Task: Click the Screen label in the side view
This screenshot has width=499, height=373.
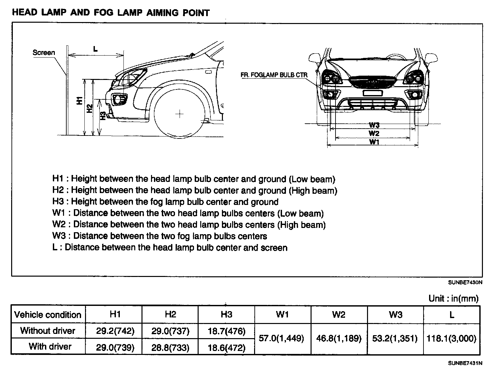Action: coord(44,53)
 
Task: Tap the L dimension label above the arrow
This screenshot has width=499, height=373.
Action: coord(95,49)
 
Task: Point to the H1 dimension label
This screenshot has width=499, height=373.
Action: coord(79,101)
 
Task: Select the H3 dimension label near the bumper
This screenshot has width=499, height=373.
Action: coord(103,116)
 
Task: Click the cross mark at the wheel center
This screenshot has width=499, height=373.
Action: coord(179,114)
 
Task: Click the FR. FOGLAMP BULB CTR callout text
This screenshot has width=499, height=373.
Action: coord(274,75)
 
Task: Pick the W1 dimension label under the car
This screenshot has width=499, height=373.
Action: coord(374,142)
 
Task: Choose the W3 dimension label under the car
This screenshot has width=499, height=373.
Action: coord(374,125)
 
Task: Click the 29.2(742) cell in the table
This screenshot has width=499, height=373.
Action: coord(115,331)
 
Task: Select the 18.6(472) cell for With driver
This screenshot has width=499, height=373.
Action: coord(227,347)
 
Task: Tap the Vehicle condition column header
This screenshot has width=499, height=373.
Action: coord(48,315)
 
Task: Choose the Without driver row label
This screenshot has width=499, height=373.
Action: coord(48,331)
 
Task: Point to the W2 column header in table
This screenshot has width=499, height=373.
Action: coord(338,315)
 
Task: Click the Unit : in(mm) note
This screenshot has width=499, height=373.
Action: coord(453,298)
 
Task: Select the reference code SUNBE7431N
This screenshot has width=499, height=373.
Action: coord(465,363)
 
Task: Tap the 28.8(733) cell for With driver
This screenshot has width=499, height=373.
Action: coord(170,347)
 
